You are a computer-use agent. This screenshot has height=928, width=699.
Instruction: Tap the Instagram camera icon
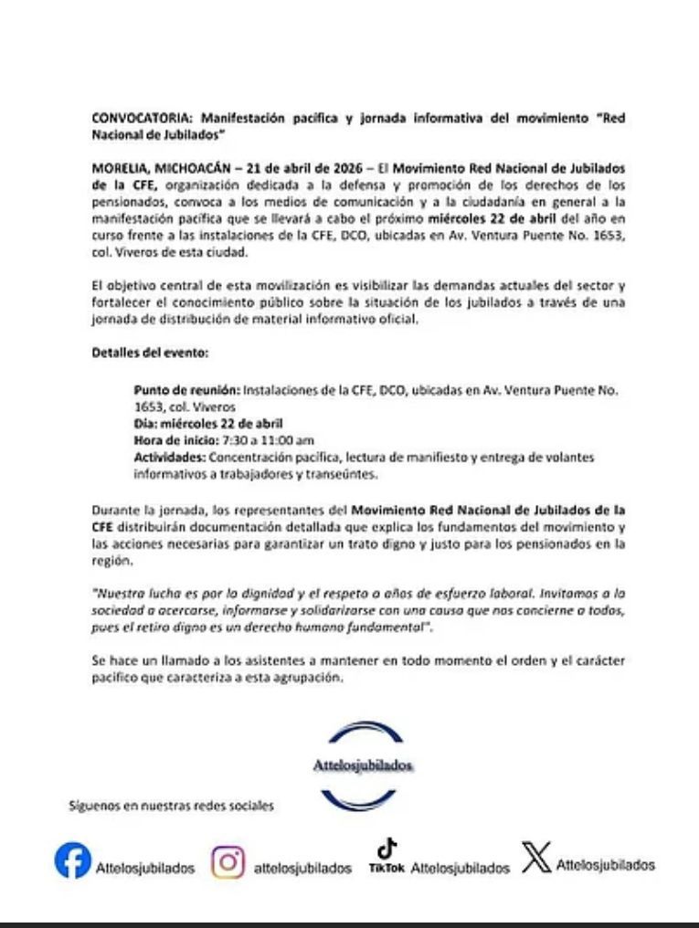click(228, 862)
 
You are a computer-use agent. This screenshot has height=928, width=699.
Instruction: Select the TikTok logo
click(387, 858)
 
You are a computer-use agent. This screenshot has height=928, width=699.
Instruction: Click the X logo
click(537, 858)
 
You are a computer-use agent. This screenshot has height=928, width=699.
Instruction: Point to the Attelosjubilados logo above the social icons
click(363, 765)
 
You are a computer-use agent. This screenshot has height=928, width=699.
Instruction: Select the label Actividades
click(169, 457)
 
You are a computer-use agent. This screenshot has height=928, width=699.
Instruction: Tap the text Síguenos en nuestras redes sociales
click(171, 807)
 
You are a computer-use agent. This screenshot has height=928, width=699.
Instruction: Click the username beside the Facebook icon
click(144, 869)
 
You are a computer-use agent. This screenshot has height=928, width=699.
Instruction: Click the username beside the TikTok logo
click(460, 869)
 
